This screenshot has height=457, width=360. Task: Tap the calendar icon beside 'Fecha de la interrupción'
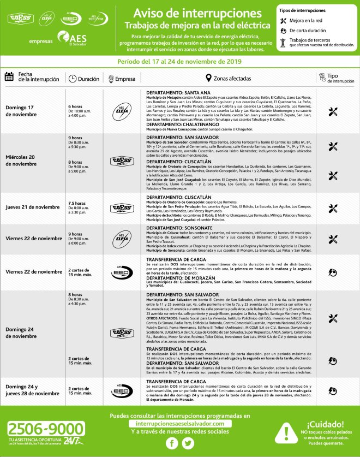point(9,77)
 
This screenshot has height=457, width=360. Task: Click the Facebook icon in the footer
point(172,444)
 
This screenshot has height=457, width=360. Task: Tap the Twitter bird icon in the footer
point(188,444)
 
